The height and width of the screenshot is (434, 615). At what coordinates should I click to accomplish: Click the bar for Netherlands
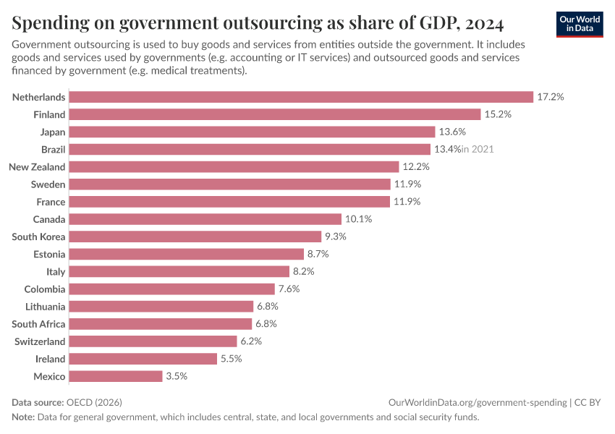[x=302, y=97]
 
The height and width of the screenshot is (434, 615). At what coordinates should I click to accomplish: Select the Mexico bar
[x=116, y=376]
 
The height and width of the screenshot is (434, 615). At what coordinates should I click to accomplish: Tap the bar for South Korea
[x=196, y=237]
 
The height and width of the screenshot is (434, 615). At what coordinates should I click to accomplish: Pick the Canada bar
[x=206, y=219]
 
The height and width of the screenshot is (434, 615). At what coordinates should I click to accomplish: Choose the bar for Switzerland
[x=154, y=341]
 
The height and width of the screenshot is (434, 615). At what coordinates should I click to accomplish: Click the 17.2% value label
[x=550, y=97]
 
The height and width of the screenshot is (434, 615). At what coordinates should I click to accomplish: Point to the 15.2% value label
[x=498, y=114]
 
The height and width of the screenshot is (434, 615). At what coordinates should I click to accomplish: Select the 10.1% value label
[x=358, y=219]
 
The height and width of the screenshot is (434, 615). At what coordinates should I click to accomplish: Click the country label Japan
[x=53, y=132]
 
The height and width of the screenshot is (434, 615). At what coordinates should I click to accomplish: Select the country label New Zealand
[x=37, y=166]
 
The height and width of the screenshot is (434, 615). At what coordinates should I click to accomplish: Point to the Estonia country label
[x=49, y=254]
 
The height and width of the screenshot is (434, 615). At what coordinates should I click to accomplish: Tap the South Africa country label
[x=38, y=324]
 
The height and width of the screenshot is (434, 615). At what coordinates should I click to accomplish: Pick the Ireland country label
[x=51, y=359]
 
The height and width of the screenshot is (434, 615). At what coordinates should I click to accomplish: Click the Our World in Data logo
[x=580, y=23]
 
